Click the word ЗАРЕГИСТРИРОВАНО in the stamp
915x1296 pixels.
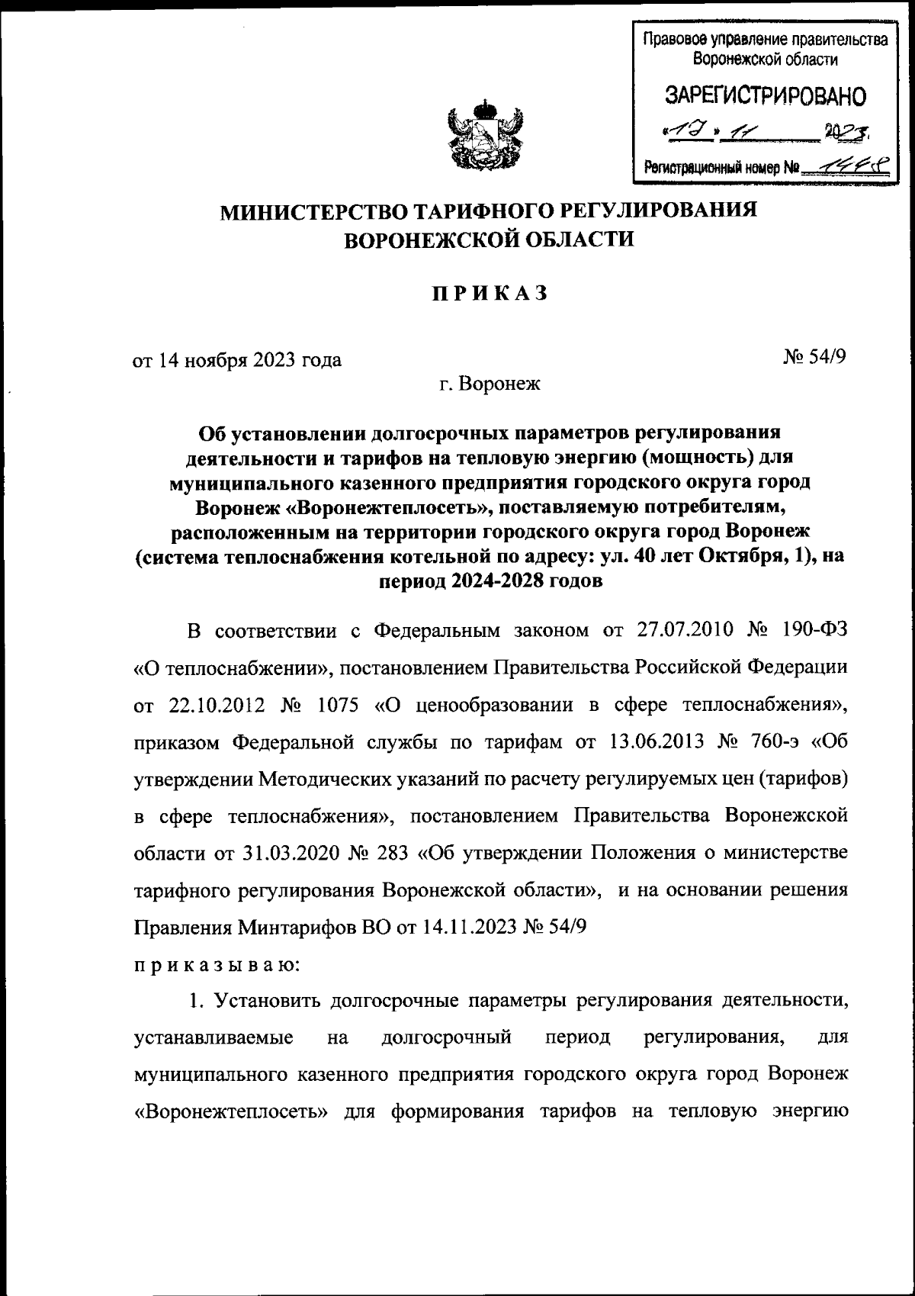tap(766, 96)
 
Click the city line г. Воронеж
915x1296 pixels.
tap(490, 384)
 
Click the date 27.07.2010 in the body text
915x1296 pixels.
tap(683, 630)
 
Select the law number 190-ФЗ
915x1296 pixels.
tap(815, 630)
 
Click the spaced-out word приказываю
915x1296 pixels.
tap(218, 964)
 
